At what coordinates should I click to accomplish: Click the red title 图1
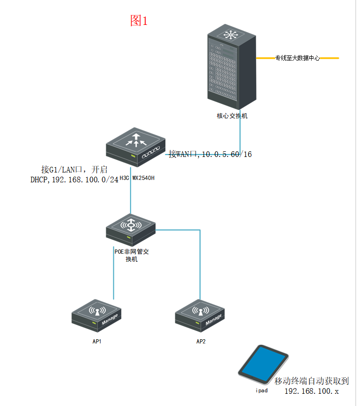point(139,20)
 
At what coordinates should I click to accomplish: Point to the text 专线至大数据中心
point(297,58)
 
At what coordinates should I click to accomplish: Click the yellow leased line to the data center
point(329,58)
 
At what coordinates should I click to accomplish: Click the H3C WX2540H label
point(137,178)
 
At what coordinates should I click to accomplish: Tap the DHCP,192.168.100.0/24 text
point(74,179)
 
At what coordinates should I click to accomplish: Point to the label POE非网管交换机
point(132,255)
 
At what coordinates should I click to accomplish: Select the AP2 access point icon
point(200,313)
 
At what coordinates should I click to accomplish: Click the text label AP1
point(97,341)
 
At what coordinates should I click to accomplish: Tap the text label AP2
point(201,341)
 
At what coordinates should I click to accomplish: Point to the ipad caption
point(262,390)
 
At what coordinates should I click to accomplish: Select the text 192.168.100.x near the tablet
point(312,391)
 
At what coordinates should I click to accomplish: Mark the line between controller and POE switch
point(131,193)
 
